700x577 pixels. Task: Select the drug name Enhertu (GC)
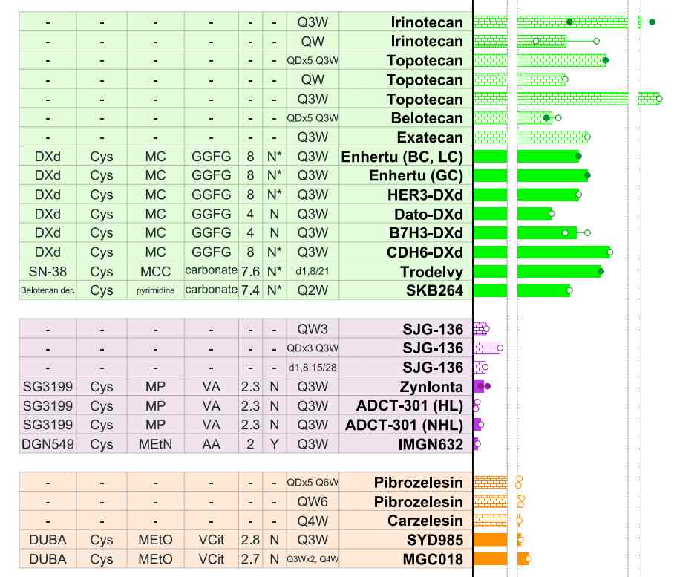[x=416, y=175]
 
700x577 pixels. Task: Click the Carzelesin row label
[x=425, y=521]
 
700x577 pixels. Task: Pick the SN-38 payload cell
[x=48, y=272]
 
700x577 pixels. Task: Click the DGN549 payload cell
[x=48, y=445]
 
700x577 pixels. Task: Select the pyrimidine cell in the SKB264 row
[x=155, y=290]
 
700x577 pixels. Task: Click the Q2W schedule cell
[x=313, y=290]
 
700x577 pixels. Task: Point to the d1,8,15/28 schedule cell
[x=313, y=368]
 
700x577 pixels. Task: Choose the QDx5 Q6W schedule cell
[x=313, y=483]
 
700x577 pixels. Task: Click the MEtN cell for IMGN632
[x=155, y=445]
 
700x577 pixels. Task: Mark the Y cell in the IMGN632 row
[x=274, y=445]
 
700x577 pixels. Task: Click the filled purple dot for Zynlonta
[x=488, y=387]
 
